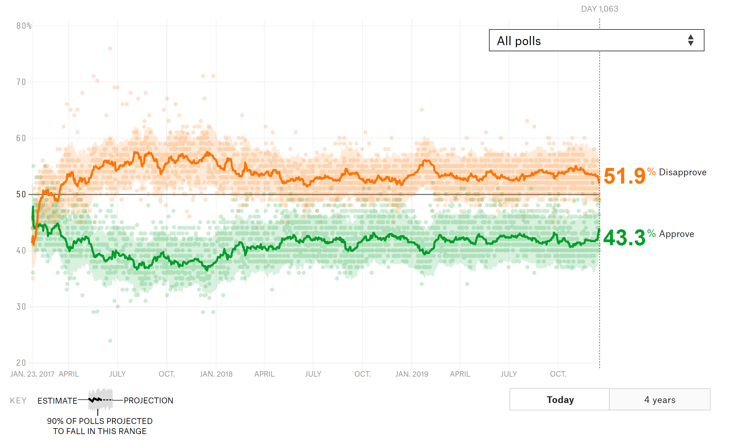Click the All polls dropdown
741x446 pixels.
click(x=596, y=41)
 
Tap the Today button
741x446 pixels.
click(x=560, y=400)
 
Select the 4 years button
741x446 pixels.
click(x=660, y=400)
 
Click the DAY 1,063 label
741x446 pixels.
click(x=599, y=9)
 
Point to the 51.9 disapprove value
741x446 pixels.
click(x=624, y=176)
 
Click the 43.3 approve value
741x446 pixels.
click(x=624, y=238)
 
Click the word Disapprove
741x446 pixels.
click(x=683, y=172)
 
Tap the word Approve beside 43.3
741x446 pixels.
click(x=677, y=234)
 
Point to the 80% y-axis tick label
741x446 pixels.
click(x=24, y=26)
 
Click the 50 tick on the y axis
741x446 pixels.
click(x=21, y=194)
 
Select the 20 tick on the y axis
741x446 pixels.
click(x=21, y=363)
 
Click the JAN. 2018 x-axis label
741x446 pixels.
click(x=216, y=374)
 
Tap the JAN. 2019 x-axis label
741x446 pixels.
click(x=412, y=374)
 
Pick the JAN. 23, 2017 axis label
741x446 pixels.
click(x=32, y=374)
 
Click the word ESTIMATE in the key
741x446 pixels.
click(x=57, y=401)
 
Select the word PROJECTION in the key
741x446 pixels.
click(x=149, y=401)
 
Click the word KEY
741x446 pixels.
click(x=18, y=401)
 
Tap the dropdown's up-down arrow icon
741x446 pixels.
click(x=691, y=40)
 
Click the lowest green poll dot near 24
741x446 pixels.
click(x=110, y=341)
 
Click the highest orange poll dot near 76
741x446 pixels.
click(x=110, y=48)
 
